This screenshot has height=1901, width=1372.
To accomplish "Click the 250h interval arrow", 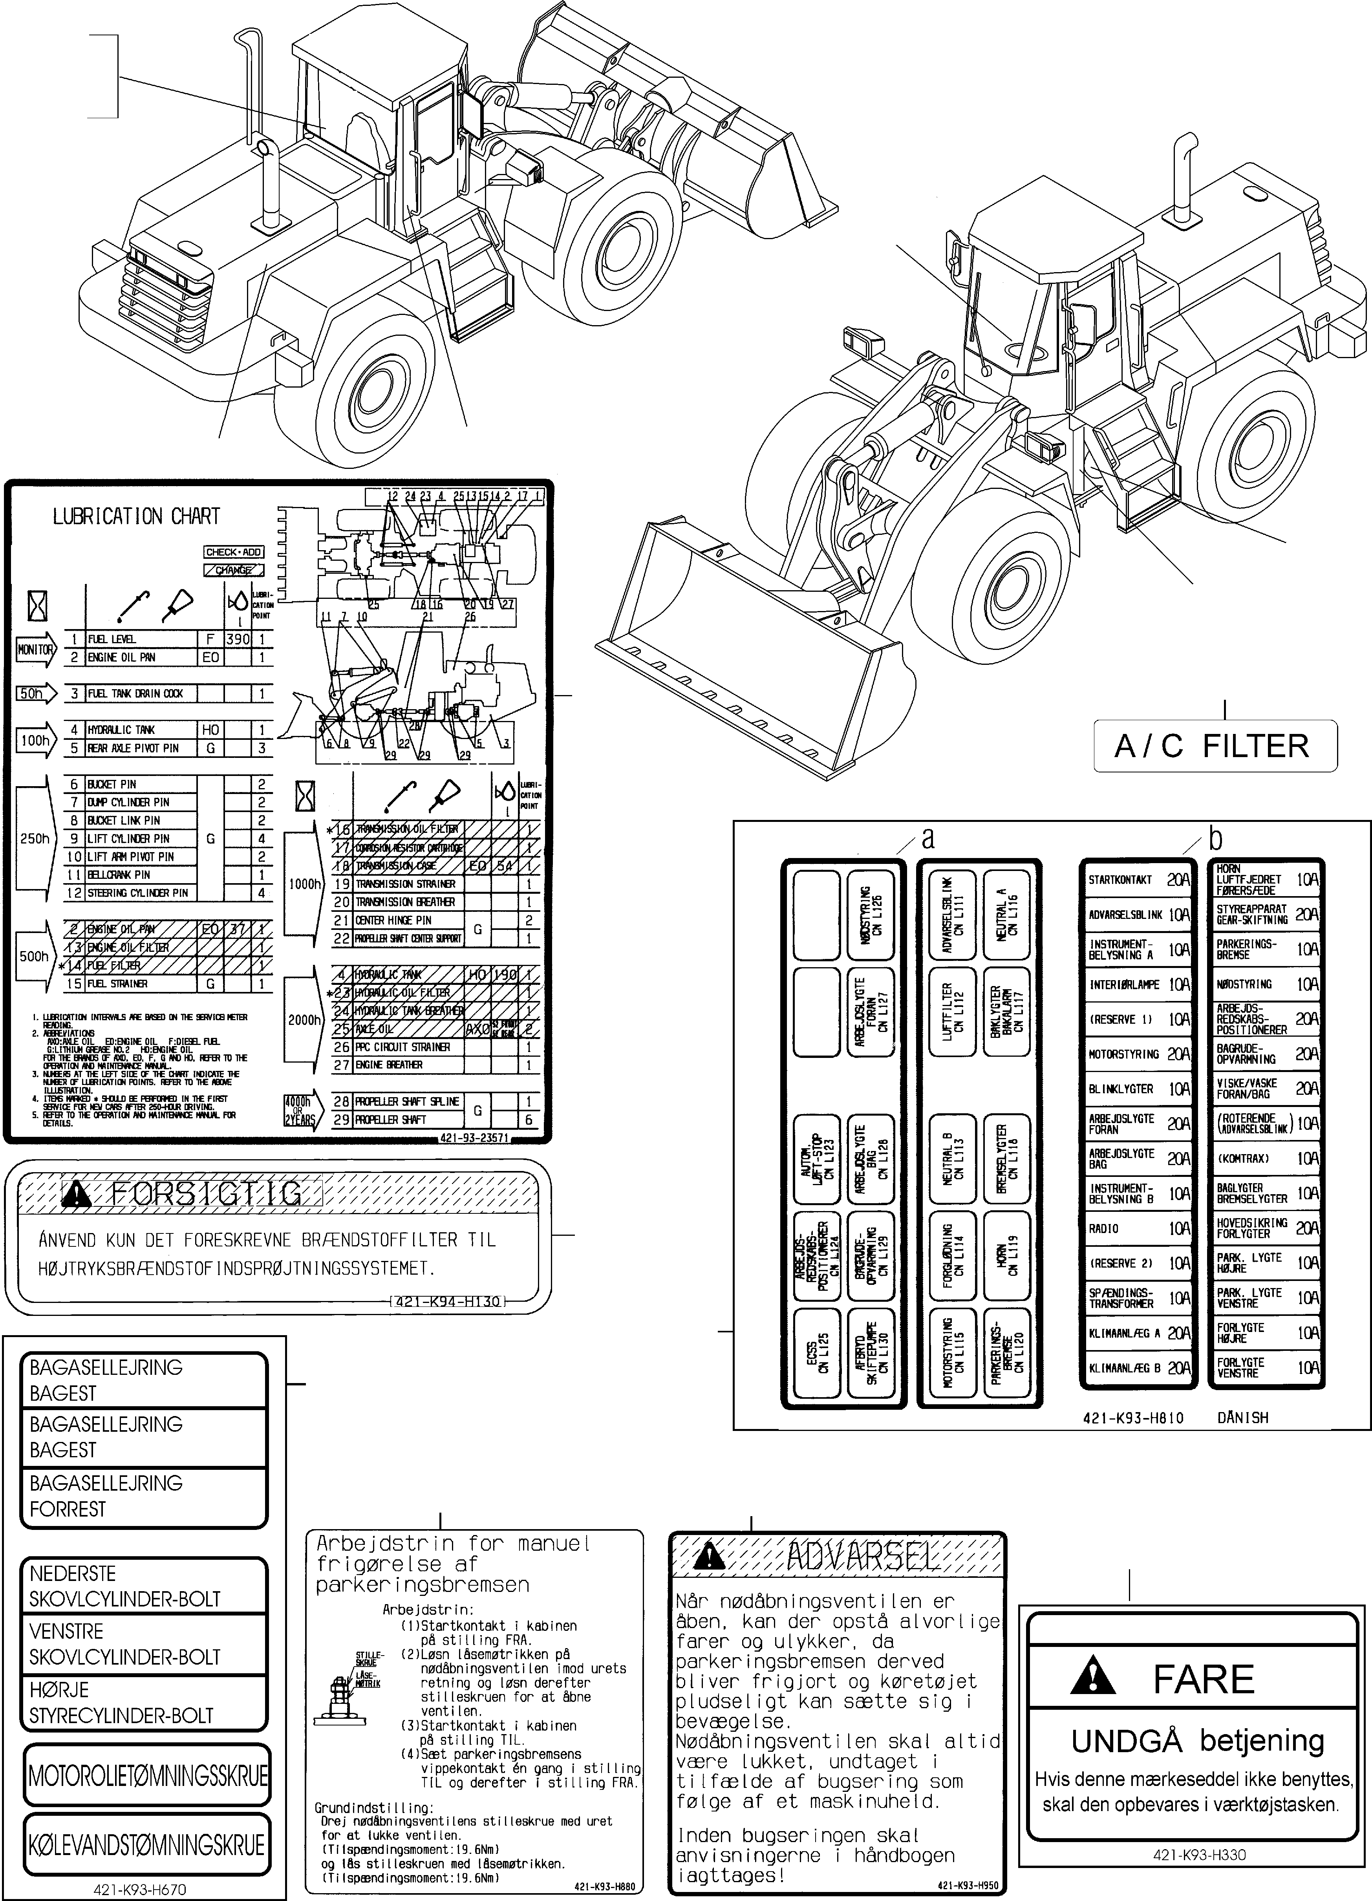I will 33,838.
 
